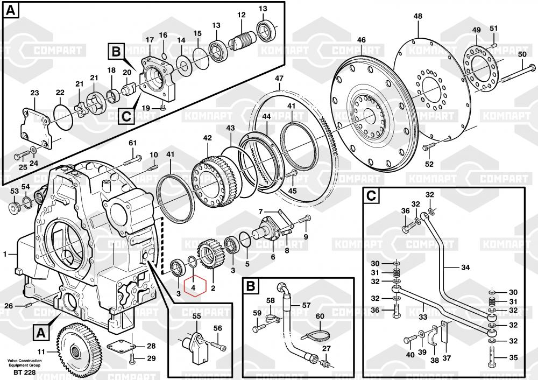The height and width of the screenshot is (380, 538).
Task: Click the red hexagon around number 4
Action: click(x=195, y=287)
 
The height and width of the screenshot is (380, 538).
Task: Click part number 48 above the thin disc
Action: click(x=418, y=17)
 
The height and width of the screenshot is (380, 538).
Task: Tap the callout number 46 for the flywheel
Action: click(x=362, y=40)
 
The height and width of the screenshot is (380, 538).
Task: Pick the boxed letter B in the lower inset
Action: click(x=250, y=286)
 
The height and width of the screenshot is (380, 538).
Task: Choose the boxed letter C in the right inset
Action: click(x=371, y=196)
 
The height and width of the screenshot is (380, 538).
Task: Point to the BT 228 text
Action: click(x=25, y=372)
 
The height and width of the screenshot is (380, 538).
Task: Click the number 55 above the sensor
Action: click(x=196, y=316)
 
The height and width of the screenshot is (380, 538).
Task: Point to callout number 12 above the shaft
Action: click(x=241, y=15)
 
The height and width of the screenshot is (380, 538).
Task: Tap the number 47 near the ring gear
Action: click(x=279, y=79)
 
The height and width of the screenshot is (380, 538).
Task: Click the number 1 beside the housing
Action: click(x=5, y=254)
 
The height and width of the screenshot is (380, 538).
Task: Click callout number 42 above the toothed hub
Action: click(x=207, y=138)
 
